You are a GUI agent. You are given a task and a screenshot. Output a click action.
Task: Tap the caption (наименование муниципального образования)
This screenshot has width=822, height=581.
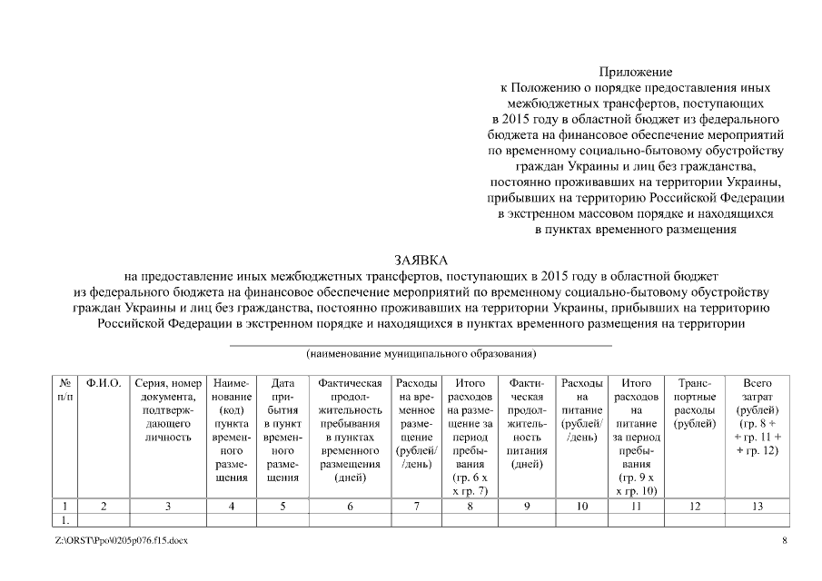pos(421,352)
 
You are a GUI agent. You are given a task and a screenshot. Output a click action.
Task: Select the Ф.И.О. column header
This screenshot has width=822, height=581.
pos(104,384)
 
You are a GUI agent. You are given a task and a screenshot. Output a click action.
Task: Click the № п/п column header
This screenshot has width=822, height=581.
pos(64,390)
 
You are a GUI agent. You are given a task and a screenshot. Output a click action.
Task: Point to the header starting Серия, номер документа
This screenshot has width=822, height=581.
pos(168,410)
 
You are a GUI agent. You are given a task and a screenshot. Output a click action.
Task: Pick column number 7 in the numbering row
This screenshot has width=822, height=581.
pos(416,507)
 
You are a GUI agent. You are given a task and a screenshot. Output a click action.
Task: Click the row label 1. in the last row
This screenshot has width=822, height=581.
pos(64,521)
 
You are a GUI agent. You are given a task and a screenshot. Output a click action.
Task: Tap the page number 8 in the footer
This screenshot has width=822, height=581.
pos(785,541)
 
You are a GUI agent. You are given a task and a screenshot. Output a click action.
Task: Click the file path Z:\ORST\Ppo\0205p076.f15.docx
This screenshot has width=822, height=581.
pos(122,541)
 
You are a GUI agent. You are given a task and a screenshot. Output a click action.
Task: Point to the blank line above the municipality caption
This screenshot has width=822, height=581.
pos(421,344)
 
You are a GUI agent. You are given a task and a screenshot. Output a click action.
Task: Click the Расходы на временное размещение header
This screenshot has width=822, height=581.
pos(416,423)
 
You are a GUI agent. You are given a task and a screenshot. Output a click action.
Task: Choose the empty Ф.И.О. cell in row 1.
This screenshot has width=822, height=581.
pos(104,521)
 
